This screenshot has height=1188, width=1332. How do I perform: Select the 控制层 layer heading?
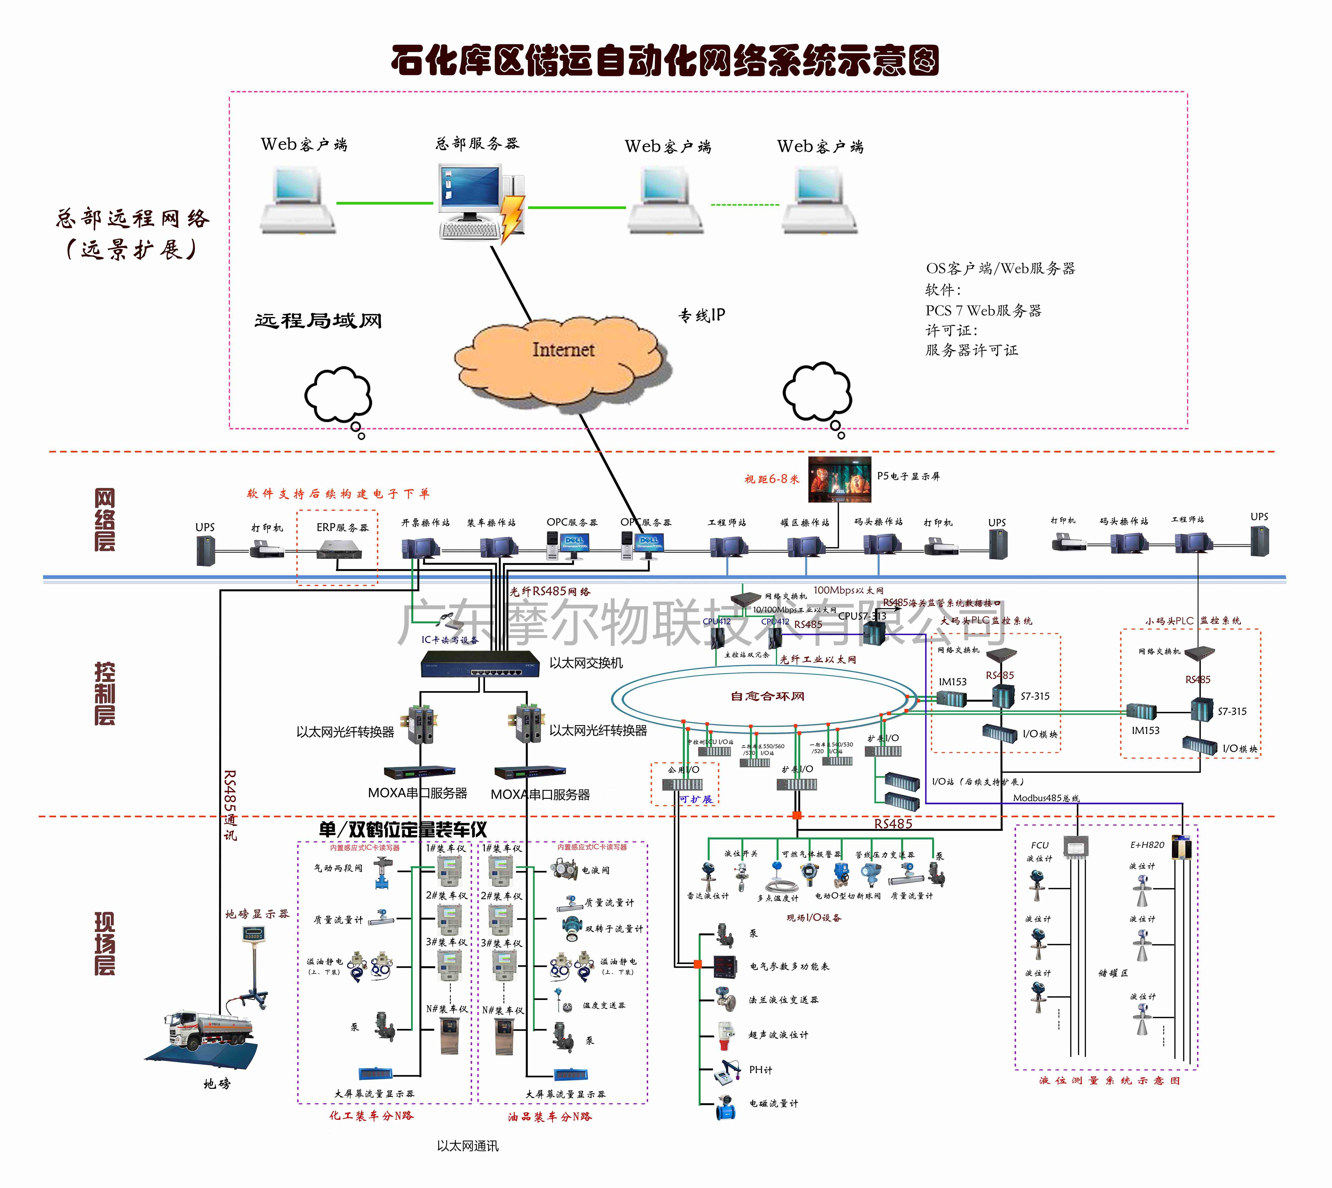coord(105,693)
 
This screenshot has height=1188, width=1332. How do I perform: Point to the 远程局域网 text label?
coord(318,320)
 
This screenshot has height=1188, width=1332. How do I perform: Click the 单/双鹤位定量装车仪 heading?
coord(403,830)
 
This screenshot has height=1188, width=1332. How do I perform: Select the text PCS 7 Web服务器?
coord(983,311)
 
